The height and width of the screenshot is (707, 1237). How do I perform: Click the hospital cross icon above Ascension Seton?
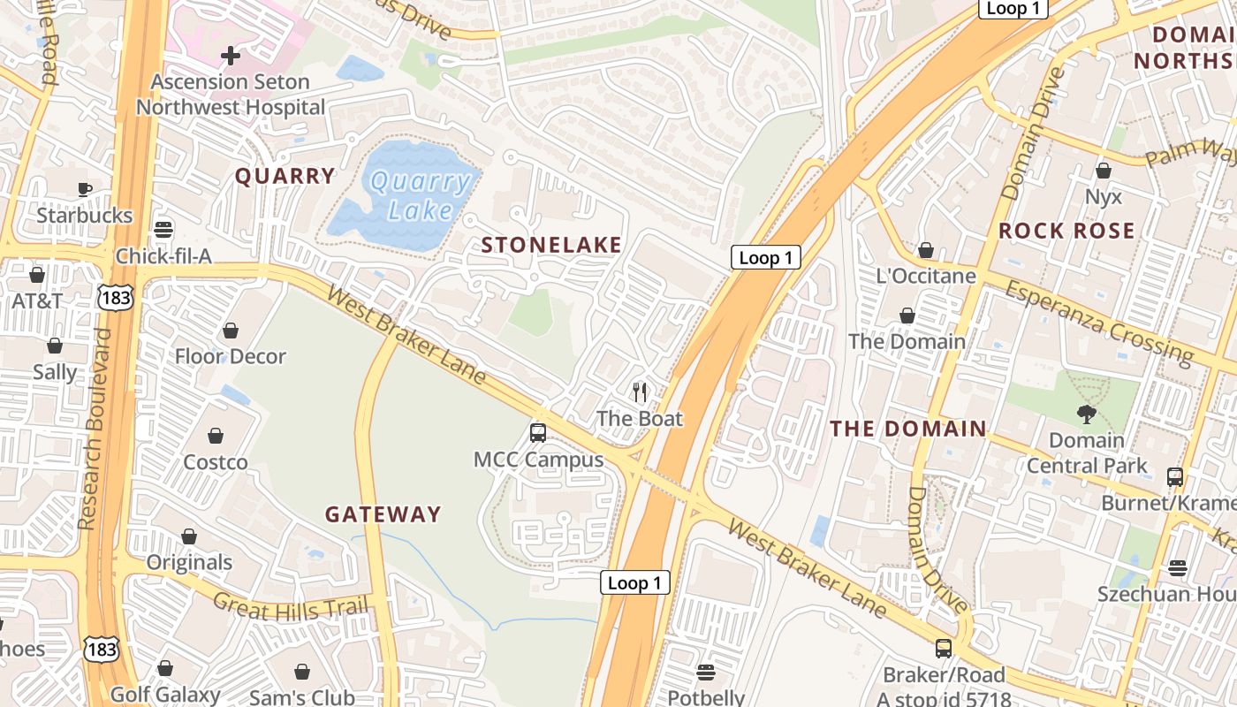[230, 56]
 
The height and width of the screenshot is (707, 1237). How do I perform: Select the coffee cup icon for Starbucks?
[85, 189]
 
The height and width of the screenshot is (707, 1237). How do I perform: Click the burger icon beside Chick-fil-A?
[163, 230]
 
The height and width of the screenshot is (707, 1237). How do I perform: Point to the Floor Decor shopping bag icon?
[230, 331]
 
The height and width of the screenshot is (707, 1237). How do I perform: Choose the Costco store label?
[215, 462]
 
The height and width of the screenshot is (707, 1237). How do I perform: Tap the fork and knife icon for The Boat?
[640, 391]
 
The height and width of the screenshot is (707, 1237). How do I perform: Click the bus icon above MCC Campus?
[537, 432]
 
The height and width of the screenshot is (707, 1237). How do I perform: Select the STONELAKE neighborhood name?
[551, 245]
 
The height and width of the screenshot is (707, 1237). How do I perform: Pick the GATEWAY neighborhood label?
[383, 514]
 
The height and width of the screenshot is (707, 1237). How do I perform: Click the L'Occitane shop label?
[926, 276]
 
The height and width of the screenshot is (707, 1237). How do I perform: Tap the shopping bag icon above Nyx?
[1103, 170]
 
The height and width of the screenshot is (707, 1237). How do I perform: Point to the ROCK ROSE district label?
[1066, 231]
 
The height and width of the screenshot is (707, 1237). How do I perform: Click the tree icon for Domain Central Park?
[1086, 413]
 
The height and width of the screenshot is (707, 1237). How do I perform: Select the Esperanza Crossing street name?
[1099, 322]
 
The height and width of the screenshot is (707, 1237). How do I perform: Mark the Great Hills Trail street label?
[290, 605]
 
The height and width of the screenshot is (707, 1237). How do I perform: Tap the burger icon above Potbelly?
[705, 672]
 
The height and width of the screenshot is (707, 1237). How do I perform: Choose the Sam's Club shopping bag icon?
[302, 672]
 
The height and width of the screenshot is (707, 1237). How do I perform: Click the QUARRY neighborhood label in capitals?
[285, 176]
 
